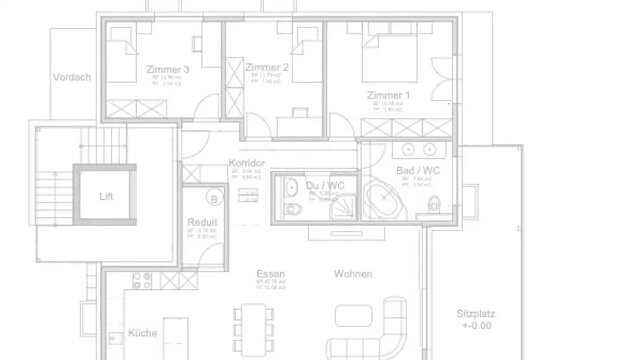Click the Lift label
click(106, 196)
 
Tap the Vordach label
click(72, 77)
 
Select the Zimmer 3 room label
click(168, 70)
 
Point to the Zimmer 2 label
click(267, 68)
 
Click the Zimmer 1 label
click(388, 95)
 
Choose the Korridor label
click(247, 163)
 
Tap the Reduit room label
click(202, 222)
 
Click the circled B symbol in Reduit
click(214, 199)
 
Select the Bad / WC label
click(418, 171)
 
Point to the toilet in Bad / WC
click(434, 205)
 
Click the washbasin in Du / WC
click(291, 187)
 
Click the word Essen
click(270, 274)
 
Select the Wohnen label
click(353, 274)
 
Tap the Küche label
click(143, 333)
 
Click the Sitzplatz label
click(476, 314)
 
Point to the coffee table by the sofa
click(353, 315)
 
